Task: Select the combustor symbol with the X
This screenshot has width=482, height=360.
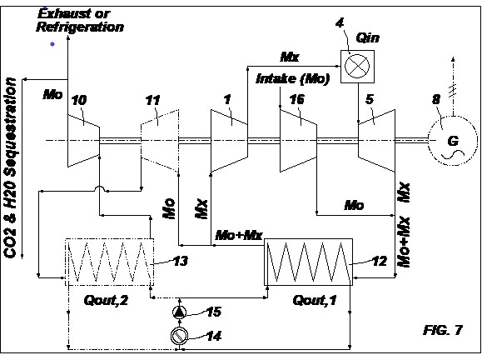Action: pyautogui.click(x=357, y=67)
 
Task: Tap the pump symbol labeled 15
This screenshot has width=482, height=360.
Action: pyautogui.click(x=180, y=312)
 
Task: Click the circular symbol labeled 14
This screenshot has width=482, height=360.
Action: pyautogui.click(x=180, y=336)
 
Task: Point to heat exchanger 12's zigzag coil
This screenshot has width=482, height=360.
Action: pyautogui.click(x=309, y=262)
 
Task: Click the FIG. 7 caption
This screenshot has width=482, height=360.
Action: pyautogui.click(x=443, y=330)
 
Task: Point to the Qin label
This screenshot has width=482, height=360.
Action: pyautogui.click(x=368, y=38)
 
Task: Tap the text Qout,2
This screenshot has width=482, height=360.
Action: pyautogui.click(x=106, y=300)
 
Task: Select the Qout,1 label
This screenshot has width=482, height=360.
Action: pyautogui.click(x=315, y=300)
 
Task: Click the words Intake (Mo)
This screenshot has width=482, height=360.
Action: pyautogui.click(x=293, y=79)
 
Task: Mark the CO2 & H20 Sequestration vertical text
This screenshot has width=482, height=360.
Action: pyautogui.click(x=10, y=167)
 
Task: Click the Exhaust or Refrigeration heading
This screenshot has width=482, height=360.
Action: pyautogui.click(x=80, y=20)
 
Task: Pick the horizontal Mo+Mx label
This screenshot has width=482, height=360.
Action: pyautogui.click(x=239, y=235)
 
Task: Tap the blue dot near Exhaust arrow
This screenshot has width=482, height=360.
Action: pyautogui.click(x=52, y=44)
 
